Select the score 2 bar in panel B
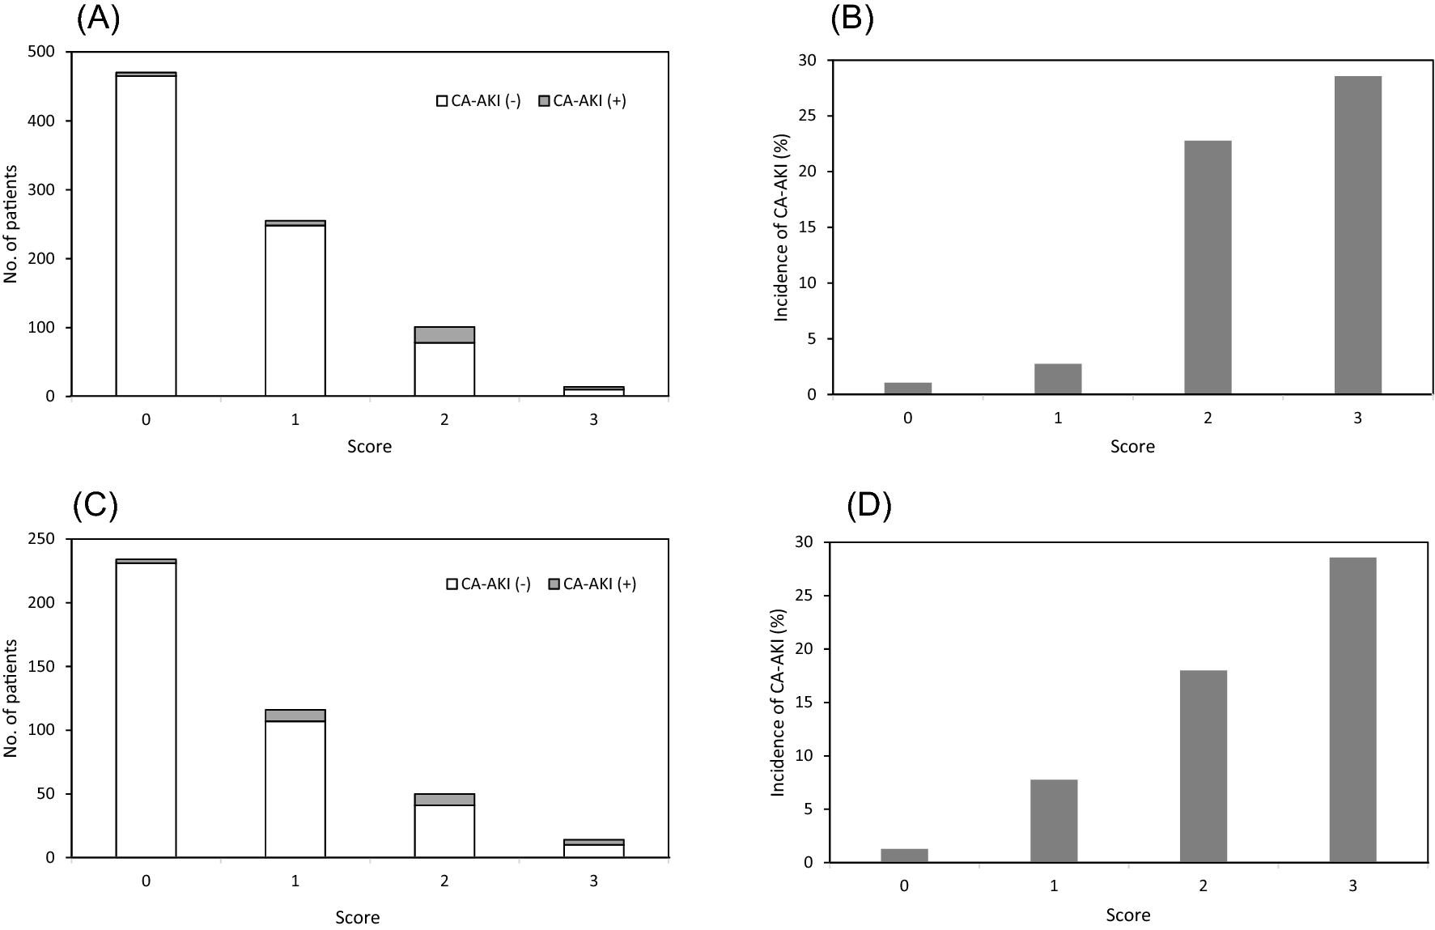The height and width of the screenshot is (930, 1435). coord(1208,267)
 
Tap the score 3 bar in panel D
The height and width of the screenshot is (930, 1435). coord(1352,710)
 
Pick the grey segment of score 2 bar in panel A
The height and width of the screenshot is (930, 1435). coord(444,335)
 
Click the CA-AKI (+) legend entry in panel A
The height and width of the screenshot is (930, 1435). coord(582,101)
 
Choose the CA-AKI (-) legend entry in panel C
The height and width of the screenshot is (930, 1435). coord(489,584)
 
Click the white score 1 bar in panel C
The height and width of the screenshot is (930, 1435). coord(295,789)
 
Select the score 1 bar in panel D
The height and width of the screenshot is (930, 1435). coord(1054,821)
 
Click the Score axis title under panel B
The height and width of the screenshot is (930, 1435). coord(1131,446)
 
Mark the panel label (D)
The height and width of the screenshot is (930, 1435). coord(868,506)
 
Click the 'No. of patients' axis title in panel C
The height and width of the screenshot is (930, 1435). coord(11,698)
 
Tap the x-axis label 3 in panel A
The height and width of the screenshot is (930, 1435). coord(593,420)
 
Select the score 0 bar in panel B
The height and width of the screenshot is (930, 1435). coord(908,389)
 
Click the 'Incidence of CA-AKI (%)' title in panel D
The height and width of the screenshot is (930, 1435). coord(779,702)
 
